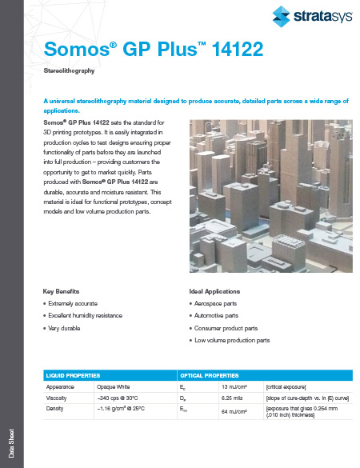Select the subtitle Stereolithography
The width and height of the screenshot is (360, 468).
pos(69,71)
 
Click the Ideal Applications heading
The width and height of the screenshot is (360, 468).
pos(214,291)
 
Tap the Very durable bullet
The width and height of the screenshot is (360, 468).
pos(67,328)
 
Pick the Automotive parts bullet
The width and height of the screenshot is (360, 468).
pos(222,316)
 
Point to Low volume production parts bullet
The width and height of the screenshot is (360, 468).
pos(233,340)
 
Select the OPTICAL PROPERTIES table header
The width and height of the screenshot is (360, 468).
pos(209,374)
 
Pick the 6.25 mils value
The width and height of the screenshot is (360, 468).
pos(232,397)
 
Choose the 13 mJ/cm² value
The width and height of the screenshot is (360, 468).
pos(233,386)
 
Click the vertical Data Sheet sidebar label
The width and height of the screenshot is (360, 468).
pos(10,445)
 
